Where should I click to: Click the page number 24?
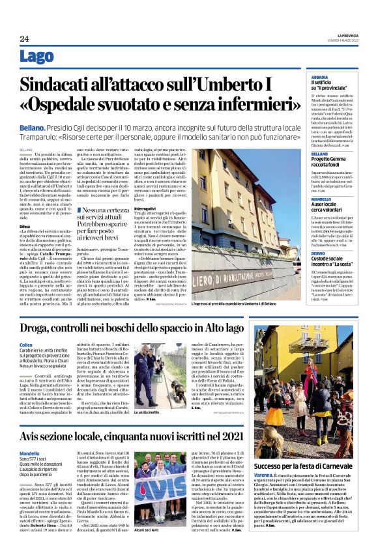pyautogui.click(x=25, y=38)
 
